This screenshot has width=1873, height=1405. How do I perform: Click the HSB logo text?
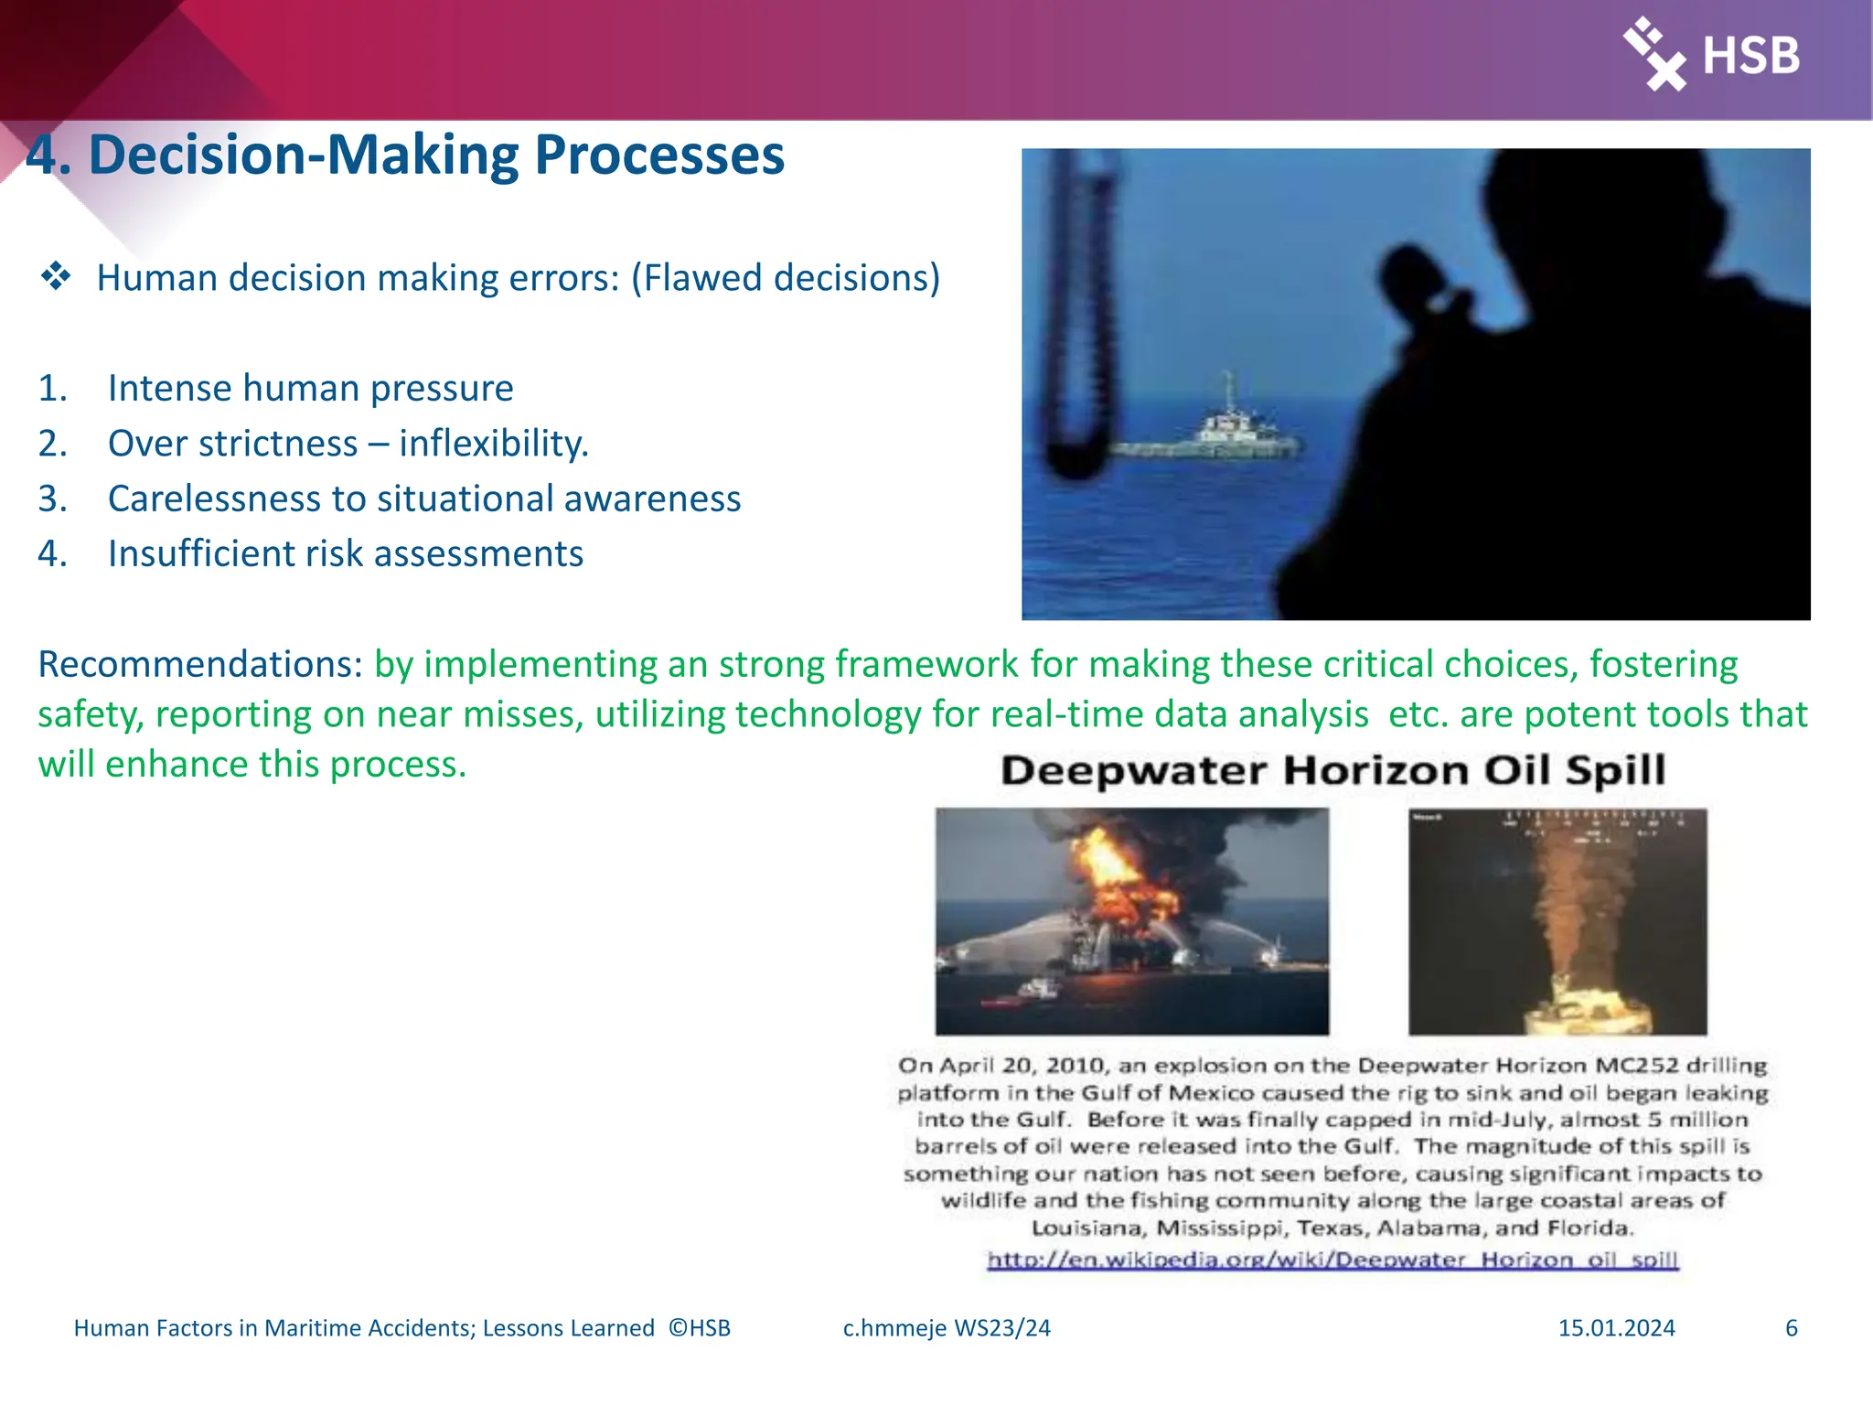click(x=1750, y=56)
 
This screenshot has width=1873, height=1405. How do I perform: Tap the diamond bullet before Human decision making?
click(x=56, y=276)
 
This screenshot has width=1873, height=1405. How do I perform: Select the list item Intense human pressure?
click(x=310, y=388)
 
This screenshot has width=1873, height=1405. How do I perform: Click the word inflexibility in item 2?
click(x=493, y=444)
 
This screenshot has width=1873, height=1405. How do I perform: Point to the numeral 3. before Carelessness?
click(x=52, y=499)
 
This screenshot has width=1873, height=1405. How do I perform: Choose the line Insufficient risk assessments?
click(x=345, y=553)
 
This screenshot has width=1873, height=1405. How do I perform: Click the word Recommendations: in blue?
click(x=200, y=664)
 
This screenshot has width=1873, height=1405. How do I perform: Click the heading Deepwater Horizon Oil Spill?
click(x=1333, y=770)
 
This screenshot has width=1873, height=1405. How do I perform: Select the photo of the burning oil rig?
click(x=1131, y=921)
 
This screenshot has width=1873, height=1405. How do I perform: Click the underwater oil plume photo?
click(x=1557, y=921)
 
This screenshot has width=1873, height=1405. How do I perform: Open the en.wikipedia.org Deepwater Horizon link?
click(x=1333, y=1260)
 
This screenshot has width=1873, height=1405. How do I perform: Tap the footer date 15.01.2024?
click(x=1616, y=1328)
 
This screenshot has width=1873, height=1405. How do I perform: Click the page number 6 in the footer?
click(x=1791, y=1328)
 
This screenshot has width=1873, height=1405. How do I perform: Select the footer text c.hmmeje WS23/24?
click(x=947, y=1328)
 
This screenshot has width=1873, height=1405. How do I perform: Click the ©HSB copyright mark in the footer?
click(x=700, y=1328)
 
